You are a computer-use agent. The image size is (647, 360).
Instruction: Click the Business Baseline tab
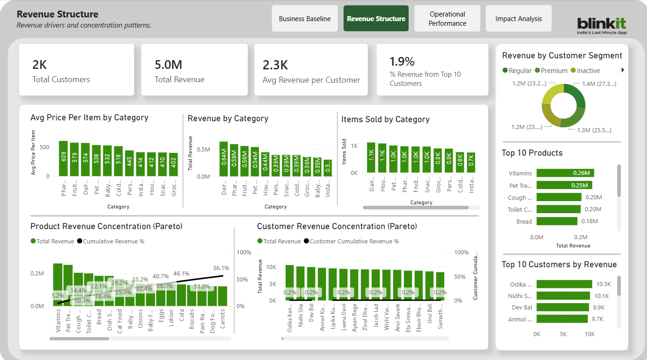305,19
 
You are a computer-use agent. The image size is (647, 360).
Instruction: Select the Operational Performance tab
447,19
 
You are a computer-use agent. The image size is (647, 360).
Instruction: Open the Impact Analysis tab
518,19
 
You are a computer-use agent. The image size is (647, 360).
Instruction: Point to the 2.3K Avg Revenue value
275,65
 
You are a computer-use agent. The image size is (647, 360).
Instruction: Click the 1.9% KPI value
402,62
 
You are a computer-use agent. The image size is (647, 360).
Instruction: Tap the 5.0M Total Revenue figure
169,65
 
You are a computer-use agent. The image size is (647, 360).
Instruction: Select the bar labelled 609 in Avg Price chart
63,159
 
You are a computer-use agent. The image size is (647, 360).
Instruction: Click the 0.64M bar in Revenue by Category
224,159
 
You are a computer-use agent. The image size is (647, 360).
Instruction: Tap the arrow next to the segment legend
623,70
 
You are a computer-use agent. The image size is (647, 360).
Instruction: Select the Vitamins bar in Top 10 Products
565,173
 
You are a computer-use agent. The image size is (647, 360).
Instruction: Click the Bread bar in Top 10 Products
557,221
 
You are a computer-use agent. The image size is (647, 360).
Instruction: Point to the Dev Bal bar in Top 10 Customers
563,307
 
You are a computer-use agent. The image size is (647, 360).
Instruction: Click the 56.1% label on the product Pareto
221,268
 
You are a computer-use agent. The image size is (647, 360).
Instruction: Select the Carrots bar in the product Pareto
223,296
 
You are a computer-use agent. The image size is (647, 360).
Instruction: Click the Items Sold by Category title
385,119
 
